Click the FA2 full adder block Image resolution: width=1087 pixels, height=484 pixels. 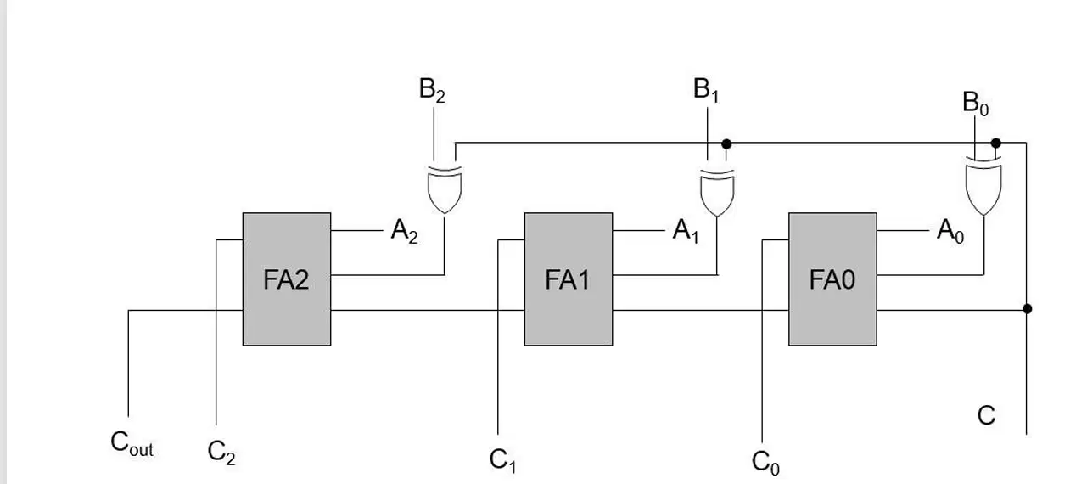(287, 279)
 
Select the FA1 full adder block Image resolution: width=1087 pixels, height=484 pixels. (569, 279)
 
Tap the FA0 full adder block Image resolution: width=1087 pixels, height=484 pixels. (832, 279)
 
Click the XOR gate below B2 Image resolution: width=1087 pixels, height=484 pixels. (445, 189)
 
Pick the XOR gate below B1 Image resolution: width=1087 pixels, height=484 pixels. (717, 192)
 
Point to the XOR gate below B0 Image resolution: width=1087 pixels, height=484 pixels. (983, 187)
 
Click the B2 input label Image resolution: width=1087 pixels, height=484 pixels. (432, 90)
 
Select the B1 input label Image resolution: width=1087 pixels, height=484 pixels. (706, 90)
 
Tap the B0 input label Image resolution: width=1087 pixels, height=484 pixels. (975, 104)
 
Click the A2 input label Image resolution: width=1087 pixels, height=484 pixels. (404, 231)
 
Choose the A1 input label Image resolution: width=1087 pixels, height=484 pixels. (685, 231)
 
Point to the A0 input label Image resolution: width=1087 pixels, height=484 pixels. (950, 231)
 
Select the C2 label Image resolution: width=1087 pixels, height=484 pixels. (221, 453)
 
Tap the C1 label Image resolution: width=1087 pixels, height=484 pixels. (502, 460)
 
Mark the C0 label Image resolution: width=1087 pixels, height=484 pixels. (765, 462)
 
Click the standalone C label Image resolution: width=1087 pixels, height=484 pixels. (986, 415)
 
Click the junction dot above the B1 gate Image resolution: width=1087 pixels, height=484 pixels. (726, 144)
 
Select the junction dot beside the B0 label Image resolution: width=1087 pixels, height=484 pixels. (995, 143)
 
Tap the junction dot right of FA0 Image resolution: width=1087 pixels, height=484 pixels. (1027, 309)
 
